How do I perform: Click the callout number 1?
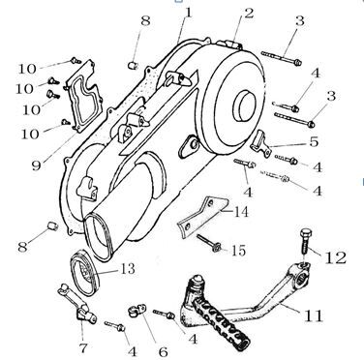click(x=188, y=13)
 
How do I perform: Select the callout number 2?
click(x=249, y=13)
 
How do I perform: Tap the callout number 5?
click(x=314, y=141)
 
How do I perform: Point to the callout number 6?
click(x=163, y=351)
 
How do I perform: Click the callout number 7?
click(x=82, y=348)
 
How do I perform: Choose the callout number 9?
click(x=37, y=165)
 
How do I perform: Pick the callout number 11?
click(x=313, y=315)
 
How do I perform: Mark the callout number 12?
click(x=335, y=257)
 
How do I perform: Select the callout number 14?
click(x=241, y=212)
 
